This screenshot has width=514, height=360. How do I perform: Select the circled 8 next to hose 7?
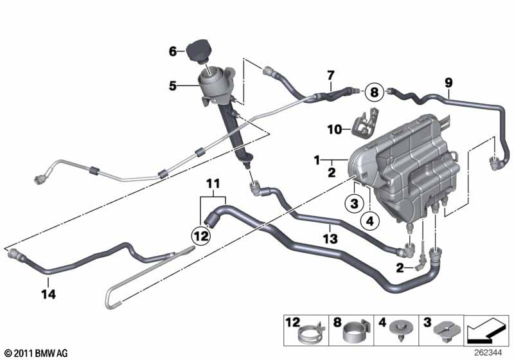pos(374,92)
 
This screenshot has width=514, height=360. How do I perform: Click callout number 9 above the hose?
pos(448,82)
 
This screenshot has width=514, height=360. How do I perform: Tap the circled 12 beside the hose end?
pos(200,236)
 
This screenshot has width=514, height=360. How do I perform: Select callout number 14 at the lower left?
pos(48,295)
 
